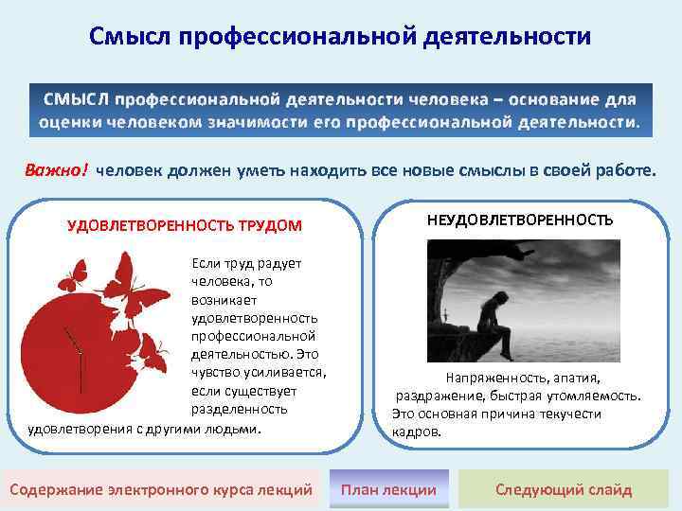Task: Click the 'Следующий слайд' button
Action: point(564,489)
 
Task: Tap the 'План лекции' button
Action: point(388,489)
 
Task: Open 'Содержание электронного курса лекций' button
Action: point(161,489)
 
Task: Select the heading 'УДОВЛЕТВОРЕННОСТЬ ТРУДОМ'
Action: point(185,225)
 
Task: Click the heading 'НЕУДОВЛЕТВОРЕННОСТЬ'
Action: point(520,220)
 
